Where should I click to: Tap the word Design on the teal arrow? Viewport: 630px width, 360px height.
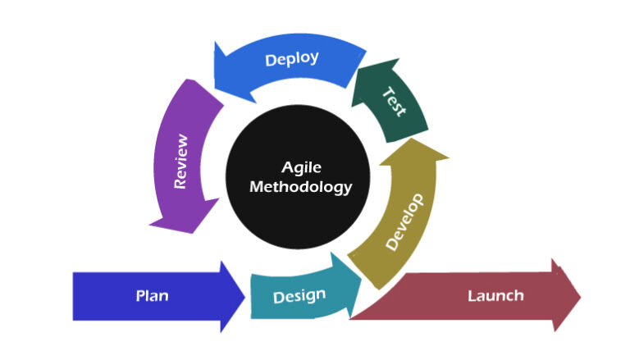coord(299,295)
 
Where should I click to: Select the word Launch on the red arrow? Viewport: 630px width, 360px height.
coord(495,295)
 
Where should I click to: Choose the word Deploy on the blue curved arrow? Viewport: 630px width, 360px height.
coord(292,59)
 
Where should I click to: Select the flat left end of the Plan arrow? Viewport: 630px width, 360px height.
coord(75,296)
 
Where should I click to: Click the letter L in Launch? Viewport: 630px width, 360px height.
coord(471,295)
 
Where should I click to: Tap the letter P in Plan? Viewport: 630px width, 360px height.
coord(139,295)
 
